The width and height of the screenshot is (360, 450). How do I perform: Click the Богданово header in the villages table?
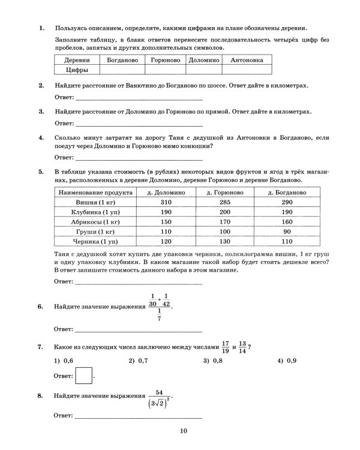122,60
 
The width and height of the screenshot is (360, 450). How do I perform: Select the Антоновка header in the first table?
247,60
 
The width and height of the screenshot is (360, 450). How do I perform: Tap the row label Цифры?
77,70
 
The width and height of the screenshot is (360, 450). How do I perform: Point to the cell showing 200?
225,212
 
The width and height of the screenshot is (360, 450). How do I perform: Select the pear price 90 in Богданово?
287,231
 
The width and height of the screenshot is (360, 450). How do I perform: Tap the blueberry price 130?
225,241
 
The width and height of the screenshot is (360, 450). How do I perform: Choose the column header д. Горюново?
225,192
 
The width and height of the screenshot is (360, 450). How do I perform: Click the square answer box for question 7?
85,376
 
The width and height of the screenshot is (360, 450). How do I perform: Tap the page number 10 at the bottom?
184,430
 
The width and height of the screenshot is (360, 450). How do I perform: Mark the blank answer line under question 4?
138,159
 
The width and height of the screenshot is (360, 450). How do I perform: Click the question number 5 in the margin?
40,172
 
